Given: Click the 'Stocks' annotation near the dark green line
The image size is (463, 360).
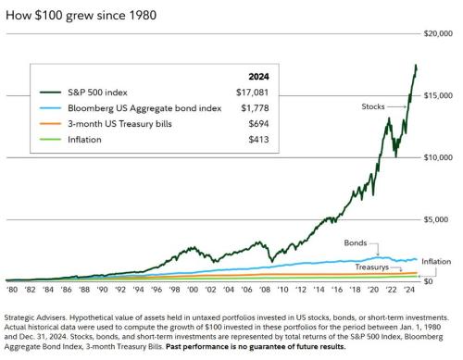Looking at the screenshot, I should pyautogui.click(x=371, y=107).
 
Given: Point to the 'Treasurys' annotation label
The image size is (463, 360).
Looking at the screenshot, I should pyautogui.click(x=365, y=267).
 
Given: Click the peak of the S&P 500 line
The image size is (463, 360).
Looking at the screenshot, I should pyautogui.click(x=416, y=66).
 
